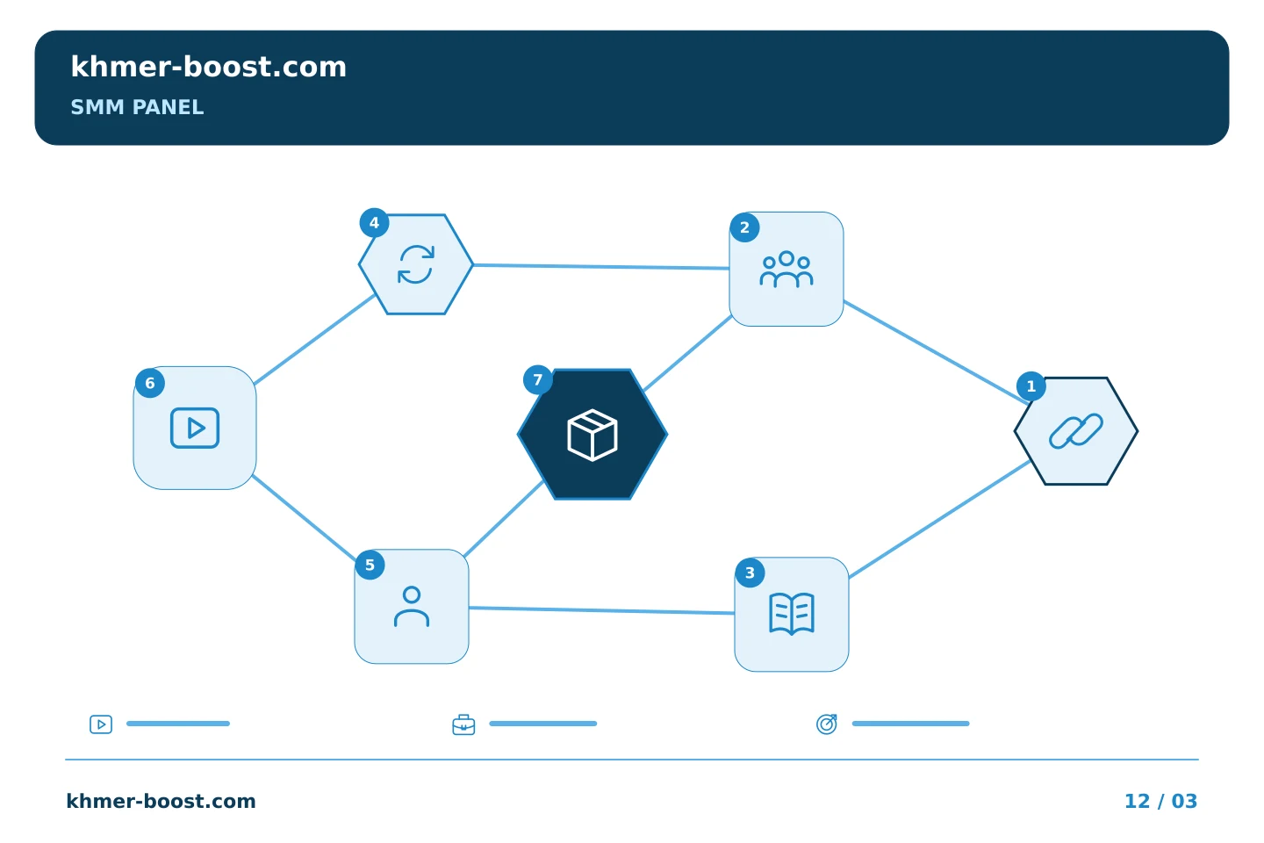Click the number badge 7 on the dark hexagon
click(x=538, y=380)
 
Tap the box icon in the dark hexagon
click(x=592, y=435)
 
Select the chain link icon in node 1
click(x=1076, y=431)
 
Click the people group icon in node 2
click(x=786, y=270)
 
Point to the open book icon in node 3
click(x=792, y=614)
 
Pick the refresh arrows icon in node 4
click(x=416, y=264)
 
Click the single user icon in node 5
click(x=412, y=607)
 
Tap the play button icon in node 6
click(x=195, y=428)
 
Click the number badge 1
click(x=1031, y=386)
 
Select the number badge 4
click(x=374, y=223)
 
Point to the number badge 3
click(x=750, y=573)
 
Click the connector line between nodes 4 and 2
click(x=601, y=266)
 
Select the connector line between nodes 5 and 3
click(x=601, y=610)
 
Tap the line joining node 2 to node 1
click(x=936, y=352)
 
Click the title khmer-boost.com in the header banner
click(x=208, y=67)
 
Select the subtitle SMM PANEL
click(x=137, y=107)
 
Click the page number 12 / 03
click(x=1160, y=801)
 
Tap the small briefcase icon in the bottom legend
click(x=463, y=724)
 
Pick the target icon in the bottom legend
click(x=827, y=724)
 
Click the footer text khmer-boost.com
click(x=161, y=801)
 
